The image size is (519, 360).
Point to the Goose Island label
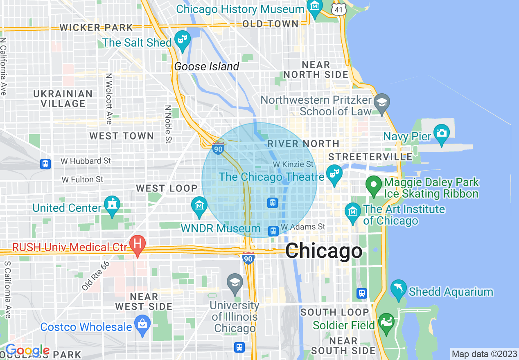tap(207, 67)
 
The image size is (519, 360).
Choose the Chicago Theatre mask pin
tap(334, 173)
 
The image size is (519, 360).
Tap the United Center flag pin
tap(112, 205)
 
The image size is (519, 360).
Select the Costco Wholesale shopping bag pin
tap(142, 324)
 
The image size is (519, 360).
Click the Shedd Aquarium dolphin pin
tap(398, 289)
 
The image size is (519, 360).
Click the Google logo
tap(27, 351)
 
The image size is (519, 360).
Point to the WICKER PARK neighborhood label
tap(96, 28)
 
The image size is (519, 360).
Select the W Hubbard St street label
tap(86, 161)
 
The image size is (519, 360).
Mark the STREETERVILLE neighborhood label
tap(370, 157)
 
